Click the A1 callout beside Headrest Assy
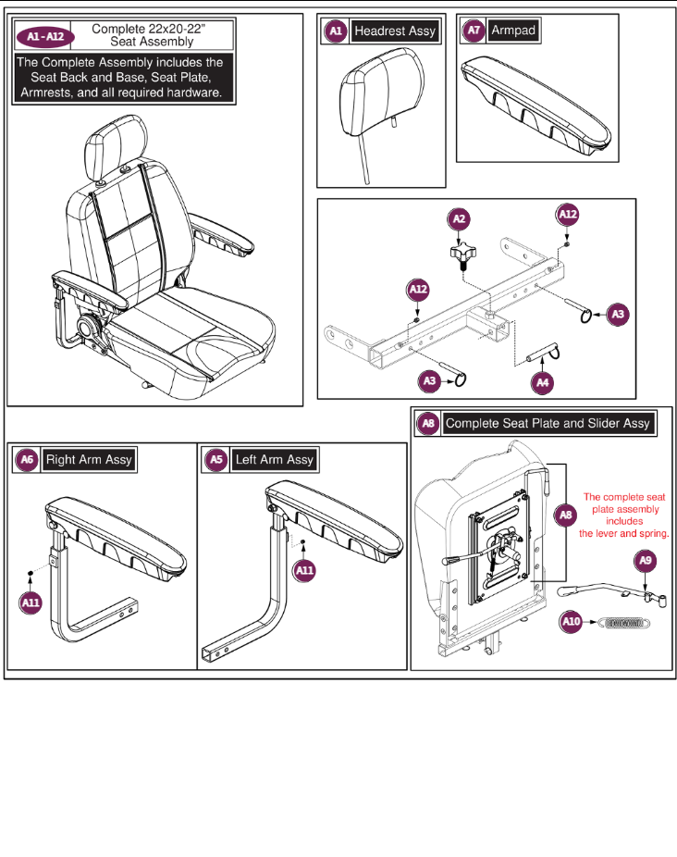click(336, 31)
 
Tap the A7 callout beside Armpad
click(474, 31)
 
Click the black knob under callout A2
click(460, 255)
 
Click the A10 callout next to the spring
click(572, 623)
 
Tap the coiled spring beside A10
click(625, 623)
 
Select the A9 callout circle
click(646, 561)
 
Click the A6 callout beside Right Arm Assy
click(28, 460)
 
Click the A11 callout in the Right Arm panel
click(31, 602)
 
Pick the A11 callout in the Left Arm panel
click(304, 571)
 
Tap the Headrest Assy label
click(395, 31)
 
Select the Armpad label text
click(513, 31)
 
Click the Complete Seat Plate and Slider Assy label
click(548, 424)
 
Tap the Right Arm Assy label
click(89, 460)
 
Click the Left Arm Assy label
click(274, 460)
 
